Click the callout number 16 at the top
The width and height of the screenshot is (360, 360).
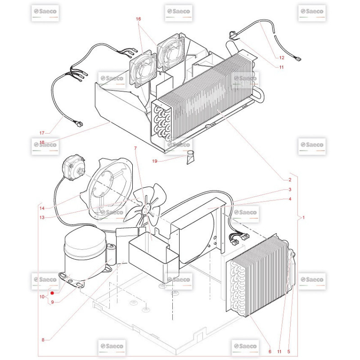tap(138, 19)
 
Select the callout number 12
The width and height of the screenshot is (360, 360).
tap(282, 58)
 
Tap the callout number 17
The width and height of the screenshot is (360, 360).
tap(42, 133)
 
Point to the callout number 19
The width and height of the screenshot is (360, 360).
tap(155, 161)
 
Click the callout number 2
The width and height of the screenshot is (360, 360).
tap(290, 180)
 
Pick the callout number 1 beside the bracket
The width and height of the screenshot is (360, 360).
tap(303, 217)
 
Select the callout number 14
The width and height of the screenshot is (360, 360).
tap(42, 208)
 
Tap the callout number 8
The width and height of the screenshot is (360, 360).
tap(43, 340)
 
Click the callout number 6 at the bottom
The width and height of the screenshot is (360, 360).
tap(270, 351)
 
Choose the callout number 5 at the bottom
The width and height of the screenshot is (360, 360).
tap(288, 351)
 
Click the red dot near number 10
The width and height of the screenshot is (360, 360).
tap(52, 293)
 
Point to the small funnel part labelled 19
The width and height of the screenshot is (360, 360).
tap(190, 157)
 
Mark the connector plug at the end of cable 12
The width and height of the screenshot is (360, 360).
tap(298, 59)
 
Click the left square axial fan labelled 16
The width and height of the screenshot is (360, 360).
tap(143, 69)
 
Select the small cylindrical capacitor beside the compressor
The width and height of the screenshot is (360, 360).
tap(111, 254)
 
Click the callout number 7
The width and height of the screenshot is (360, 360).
tap(135, 148)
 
